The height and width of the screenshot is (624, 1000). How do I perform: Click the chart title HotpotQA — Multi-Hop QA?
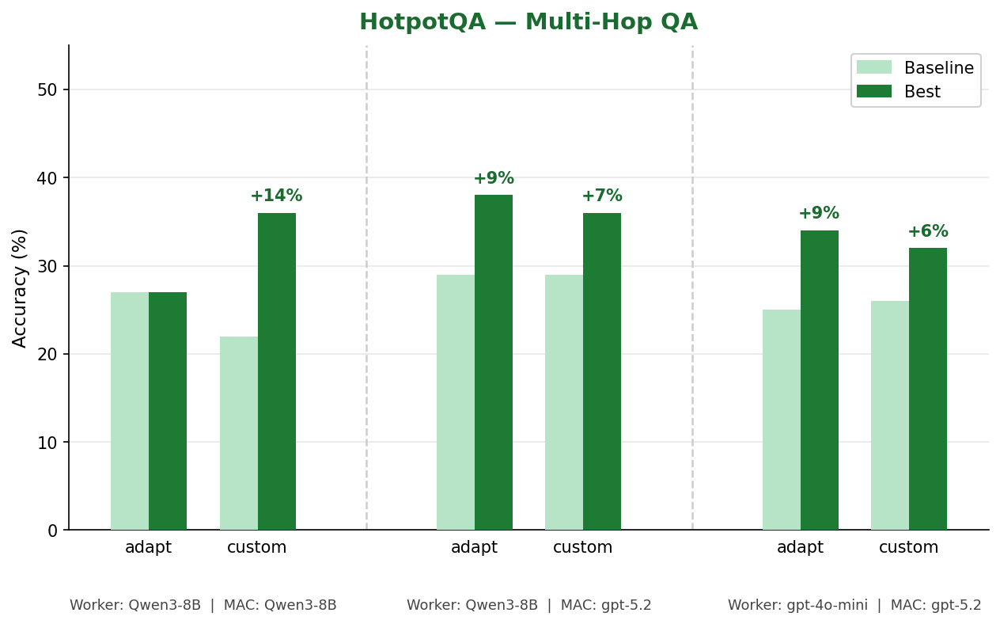(528, 22)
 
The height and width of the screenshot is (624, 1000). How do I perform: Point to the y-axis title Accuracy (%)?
(20, 287)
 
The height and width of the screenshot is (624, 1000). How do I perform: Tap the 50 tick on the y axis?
(47, 90)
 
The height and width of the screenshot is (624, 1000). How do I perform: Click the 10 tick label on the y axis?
(47, 443)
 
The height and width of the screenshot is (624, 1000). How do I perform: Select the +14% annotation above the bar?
(276, 196)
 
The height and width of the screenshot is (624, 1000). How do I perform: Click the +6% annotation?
(927, 231)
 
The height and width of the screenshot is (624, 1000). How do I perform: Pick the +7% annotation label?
(601, 196)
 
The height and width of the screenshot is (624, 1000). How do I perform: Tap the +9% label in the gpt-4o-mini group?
(818, 213)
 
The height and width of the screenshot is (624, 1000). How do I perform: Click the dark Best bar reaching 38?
(493, 362)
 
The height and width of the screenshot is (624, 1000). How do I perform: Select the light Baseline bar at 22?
(239, 433)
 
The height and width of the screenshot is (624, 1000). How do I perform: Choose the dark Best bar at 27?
(168, 411)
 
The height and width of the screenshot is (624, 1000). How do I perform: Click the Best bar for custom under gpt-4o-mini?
(927, 389)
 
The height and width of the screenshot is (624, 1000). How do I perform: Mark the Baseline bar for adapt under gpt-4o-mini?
(781, 420)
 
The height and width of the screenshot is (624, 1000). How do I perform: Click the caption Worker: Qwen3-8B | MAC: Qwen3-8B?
(203, 605)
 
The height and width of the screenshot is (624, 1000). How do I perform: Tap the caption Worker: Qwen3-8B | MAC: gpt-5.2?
(528, 605)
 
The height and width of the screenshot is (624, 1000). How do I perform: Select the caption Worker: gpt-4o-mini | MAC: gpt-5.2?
(854, 605)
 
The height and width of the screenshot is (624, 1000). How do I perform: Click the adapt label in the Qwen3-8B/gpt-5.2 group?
(474, 547)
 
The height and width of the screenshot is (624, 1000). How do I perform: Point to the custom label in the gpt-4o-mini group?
(908, 547)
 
